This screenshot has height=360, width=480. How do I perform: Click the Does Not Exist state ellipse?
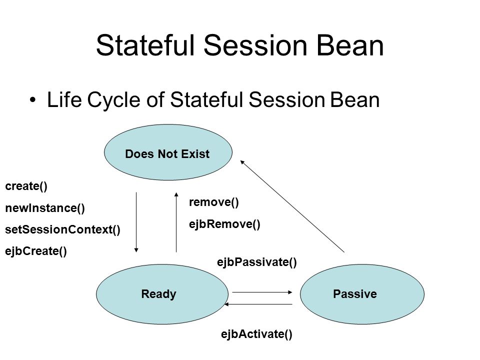click(x=168, y=152)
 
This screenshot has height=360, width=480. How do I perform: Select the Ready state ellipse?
click(x=162, y=294)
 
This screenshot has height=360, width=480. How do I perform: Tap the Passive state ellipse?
click(x=362, y=294)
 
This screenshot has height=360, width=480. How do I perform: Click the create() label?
click(x=26, y=186)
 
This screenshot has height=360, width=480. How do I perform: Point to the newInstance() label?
click(x=45, y=208)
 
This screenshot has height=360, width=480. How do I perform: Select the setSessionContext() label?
click(x=63, y=229)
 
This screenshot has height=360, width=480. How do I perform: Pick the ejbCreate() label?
click(x=36, y=251)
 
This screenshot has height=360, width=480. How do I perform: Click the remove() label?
click(x=214, y=202)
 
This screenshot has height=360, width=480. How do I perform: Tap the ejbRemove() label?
click(x=224, y=224)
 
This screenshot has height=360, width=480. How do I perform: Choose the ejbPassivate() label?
click(x=257, y=262)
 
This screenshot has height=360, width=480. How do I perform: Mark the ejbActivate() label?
click(x=256, y=334)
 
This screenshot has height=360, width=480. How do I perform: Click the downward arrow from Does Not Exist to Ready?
click(x=136, y=222)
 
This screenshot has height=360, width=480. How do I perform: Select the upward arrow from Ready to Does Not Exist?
click(x=176, y=222)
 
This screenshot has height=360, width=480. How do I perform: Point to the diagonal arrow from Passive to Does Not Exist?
click(x=292, y=206)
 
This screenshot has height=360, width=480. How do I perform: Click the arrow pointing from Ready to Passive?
click(x=262, y=292)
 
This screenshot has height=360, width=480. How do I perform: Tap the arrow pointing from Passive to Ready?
click(x=258, y=304)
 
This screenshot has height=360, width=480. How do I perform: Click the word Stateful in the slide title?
click(x=145, y=45)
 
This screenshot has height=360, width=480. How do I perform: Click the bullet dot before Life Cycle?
click(x=33, y=100)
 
